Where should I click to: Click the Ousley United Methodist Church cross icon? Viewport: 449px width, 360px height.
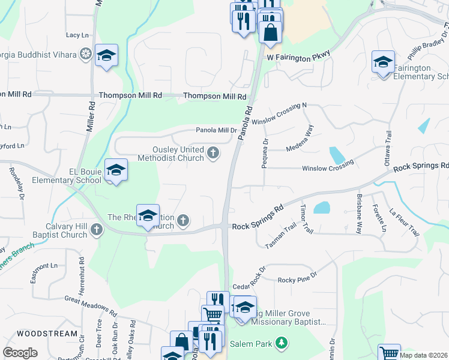point(212,154)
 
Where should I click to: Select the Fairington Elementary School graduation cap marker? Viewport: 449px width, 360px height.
point(383,62)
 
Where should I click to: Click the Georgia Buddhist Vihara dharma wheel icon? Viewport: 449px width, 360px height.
point(85,55)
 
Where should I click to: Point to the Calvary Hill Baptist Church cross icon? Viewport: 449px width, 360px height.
point(97,229)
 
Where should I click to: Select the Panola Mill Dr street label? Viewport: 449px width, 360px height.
point(216,130)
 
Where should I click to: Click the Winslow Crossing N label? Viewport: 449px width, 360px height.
point(279,113)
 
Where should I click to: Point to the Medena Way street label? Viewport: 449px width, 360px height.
point(300,139)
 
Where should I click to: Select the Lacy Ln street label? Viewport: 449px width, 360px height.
point(77,35)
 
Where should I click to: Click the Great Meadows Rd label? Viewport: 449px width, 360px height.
point(91,304)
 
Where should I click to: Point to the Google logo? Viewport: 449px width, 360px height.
point(20,353)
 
